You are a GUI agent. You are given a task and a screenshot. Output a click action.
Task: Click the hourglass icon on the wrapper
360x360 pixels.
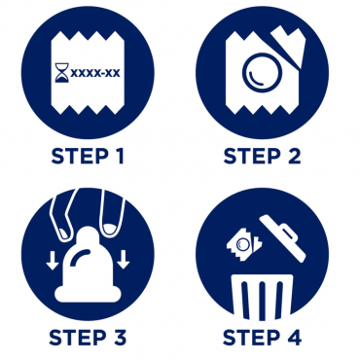(61, 73)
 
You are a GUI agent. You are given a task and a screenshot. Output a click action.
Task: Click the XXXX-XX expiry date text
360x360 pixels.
(95, 73)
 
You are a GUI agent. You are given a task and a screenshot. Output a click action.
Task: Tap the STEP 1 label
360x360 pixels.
(88, 156)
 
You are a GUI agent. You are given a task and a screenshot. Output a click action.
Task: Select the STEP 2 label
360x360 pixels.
(262, 156)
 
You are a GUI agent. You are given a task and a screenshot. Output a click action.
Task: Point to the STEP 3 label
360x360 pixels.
(88, 338)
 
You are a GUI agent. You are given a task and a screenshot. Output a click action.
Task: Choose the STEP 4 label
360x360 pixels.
(262, 338)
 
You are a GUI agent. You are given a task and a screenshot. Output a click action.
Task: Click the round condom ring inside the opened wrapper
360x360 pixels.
(261, 73)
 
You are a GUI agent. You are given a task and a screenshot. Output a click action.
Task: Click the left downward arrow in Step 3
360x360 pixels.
(52, 260)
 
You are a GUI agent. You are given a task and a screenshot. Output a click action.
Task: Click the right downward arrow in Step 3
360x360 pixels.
(123, 260)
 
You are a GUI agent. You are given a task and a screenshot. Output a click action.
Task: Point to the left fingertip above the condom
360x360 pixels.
(65, 232)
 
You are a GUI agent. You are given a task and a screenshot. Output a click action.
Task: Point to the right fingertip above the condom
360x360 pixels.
(111, 227)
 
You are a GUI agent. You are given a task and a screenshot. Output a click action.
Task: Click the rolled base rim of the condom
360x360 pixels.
(88, 295)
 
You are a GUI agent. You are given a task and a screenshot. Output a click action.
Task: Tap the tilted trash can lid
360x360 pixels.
(283, 237)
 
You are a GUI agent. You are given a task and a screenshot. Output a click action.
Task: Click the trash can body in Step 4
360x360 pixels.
(262, 297)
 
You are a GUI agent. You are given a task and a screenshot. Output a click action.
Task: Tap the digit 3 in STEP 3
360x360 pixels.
(119, 338)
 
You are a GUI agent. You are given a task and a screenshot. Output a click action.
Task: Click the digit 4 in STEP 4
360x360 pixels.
(294, 338)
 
